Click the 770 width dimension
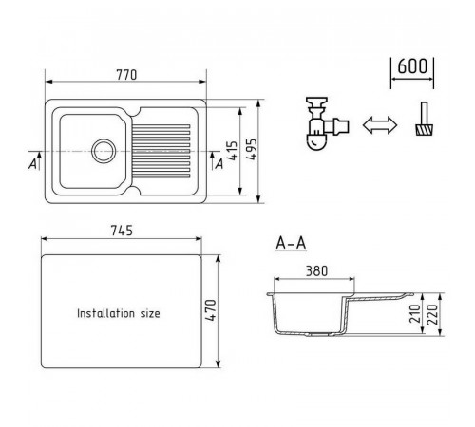click(x=126, y=75)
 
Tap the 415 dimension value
click(x=233, y=151)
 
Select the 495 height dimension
click(x=252, y=149)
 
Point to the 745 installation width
click(x=122, y=231)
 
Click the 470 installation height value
click(x=211, y=310)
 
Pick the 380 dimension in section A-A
click(x=316, y=271)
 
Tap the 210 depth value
click(x=415, y=313)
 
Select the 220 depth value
click(x=432, y=314)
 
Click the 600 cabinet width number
click(x=412, y=66)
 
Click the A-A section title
click(x=291, y=243)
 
